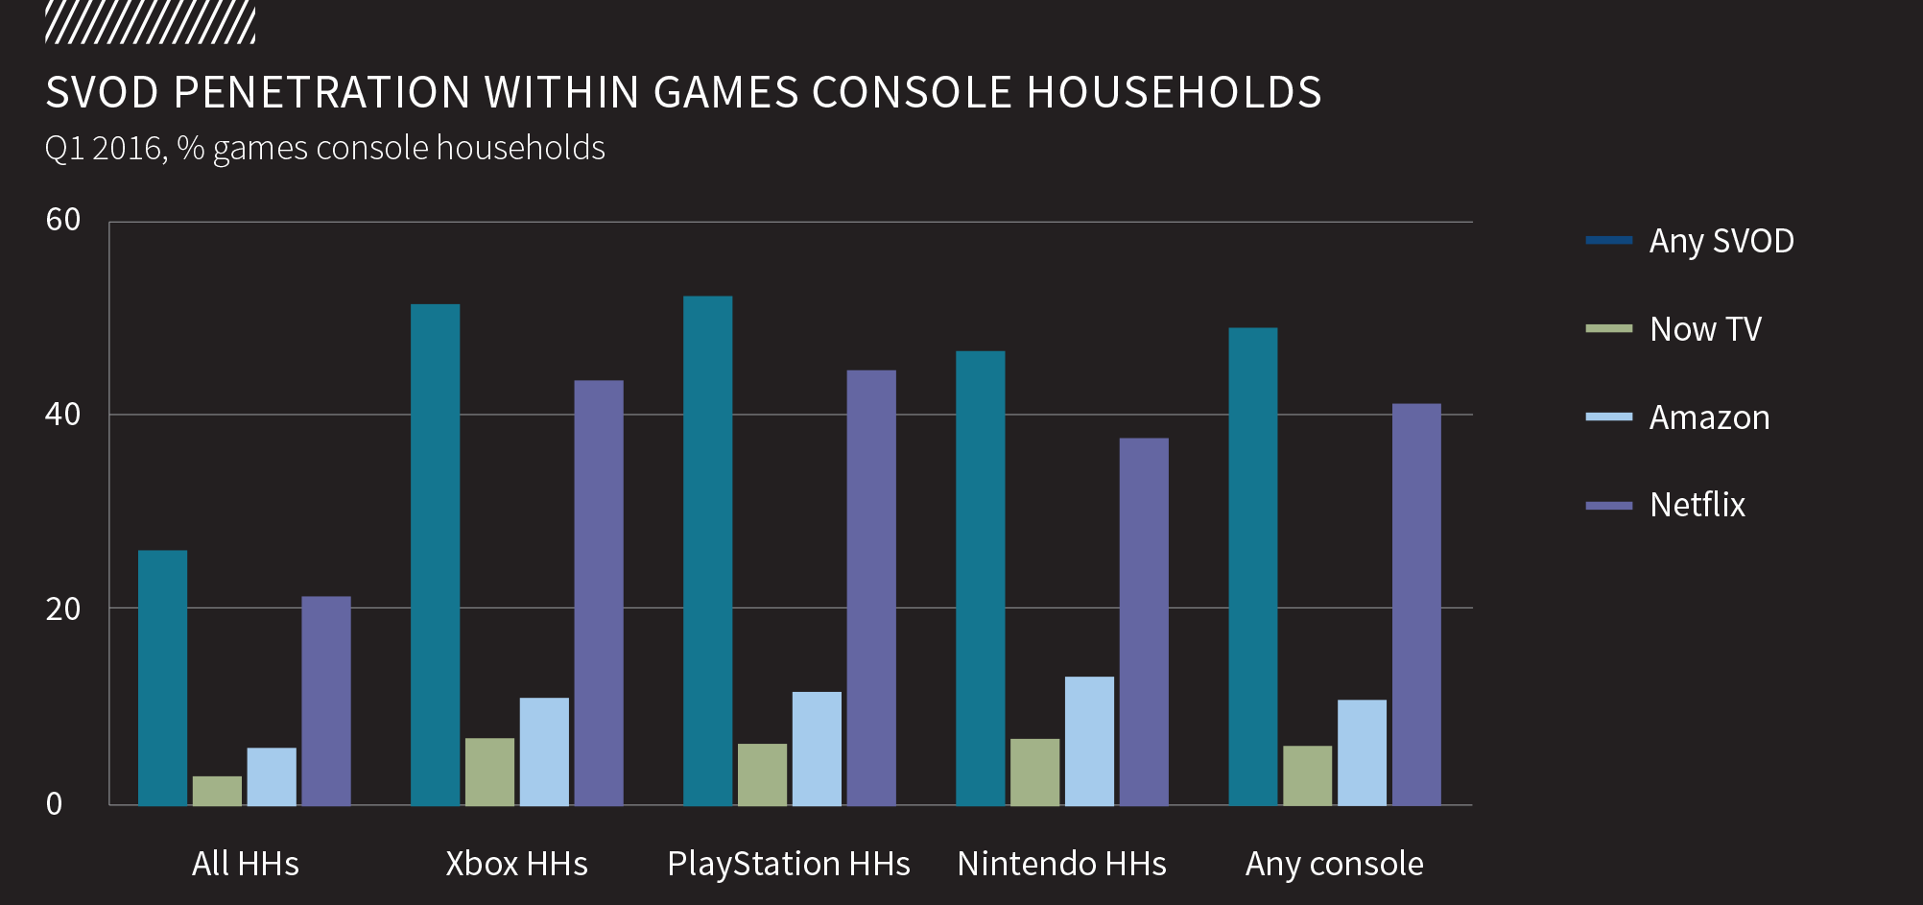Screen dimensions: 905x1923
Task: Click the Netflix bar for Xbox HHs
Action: [599, 592]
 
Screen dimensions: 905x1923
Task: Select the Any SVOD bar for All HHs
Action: [162, 678]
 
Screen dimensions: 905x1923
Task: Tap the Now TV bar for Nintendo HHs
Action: [1034, 772]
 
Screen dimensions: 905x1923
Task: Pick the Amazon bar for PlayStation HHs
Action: [817, 749]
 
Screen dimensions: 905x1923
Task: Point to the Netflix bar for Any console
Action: [1416, 604]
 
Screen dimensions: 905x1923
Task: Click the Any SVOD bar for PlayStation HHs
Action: [707, 550]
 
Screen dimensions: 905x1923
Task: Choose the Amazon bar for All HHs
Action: [272, 776]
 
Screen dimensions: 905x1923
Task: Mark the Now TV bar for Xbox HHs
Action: [489, 772]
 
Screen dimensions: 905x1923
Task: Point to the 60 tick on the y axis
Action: [63, 220]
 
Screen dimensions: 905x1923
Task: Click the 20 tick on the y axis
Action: [63, 608]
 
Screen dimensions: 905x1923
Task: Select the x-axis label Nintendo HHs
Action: [1061, 864]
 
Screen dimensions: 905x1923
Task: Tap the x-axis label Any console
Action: [1334, 864]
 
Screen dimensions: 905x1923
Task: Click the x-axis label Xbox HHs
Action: [516, 864]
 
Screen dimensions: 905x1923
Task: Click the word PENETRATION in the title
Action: [321, 93]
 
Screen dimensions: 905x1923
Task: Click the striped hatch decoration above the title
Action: [150, 23]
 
